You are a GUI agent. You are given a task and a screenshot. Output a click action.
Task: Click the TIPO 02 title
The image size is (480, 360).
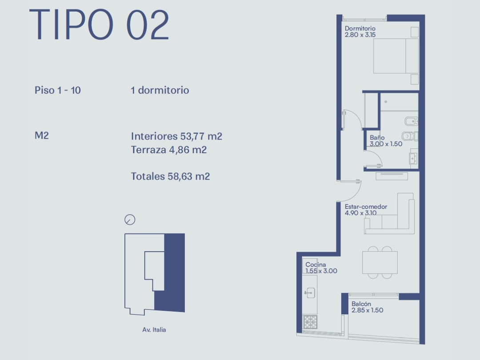(x=99, y=24)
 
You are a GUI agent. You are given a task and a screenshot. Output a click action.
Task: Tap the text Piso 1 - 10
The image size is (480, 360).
(x=57, y=90)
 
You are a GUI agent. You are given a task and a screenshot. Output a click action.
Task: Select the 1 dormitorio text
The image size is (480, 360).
(x=160, y=90)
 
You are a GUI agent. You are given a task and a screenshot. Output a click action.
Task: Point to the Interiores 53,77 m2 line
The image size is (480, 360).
(x=176, y=136)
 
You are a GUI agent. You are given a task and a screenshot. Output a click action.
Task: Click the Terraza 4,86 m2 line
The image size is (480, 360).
(x=169, y=150)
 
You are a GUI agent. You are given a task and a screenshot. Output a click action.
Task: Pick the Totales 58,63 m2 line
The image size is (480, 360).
(x=171, y=176)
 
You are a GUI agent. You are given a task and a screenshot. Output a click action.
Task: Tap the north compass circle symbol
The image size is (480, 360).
(x=130, y=220)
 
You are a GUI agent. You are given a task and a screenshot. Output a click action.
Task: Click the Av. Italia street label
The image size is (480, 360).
(x=154, y=330)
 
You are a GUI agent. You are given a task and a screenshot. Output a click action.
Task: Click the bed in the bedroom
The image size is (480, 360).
(x=396, y=56)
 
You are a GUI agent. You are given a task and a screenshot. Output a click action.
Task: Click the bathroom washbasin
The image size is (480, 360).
(x=413, y=158)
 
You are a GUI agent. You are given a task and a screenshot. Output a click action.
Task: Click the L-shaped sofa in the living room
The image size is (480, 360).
(x=389, y=214)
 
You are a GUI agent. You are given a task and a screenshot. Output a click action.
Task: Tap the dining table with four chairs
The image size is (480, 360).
(x=380, y=262)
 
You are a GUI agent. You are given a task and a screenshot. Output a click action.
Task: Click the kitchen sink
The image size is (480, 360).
(x=310, y=293)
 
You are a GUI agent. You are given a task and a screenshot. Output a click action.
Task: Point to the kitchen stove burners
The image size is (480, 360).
(x=310, y=322)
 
